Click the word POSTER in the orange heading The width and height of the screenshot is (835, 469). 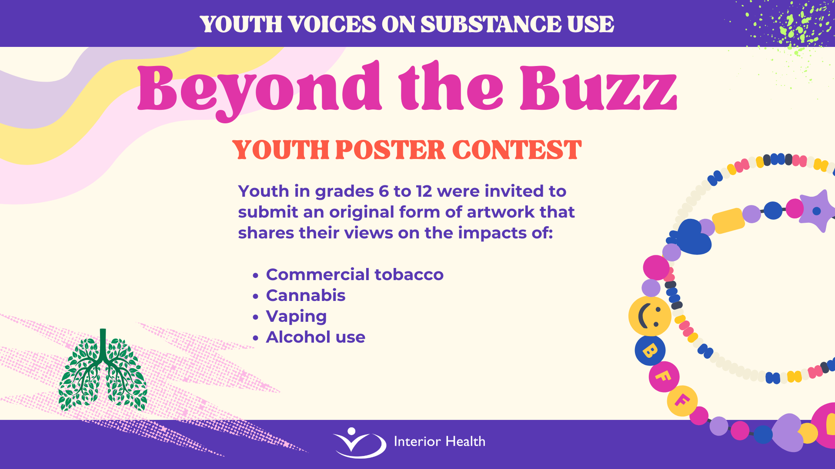pos(391,150)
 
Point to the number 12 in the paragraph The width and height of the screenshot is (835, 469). pos(424,191)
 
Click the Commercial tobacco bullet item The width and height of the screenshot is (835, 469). pos(354,274)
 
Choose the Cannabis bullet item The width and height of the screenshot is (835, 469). pos(306,295)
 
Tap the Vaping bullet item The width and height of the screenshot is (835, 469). pos(296,317)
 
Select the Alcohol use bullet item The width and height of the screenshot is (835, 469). pos(315,337)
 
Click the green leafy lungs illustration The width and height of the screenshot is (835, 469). pos(103,370)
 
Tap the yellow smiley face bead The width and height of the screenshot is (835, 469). pos(650,316)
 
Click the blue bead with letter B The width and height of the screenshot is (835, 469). pos(650,350)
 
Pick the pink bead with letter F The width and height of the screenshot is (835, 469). pos(664,377)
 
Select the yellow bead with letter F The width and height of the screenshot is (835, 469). pos(682,400)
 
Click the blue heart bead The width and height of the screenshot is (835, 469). pos(691,237)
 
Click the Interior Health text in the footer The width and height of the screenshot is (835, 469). pos(439,442)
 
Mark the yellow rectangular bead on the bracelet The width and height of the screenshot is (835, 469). pos(728,221)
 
